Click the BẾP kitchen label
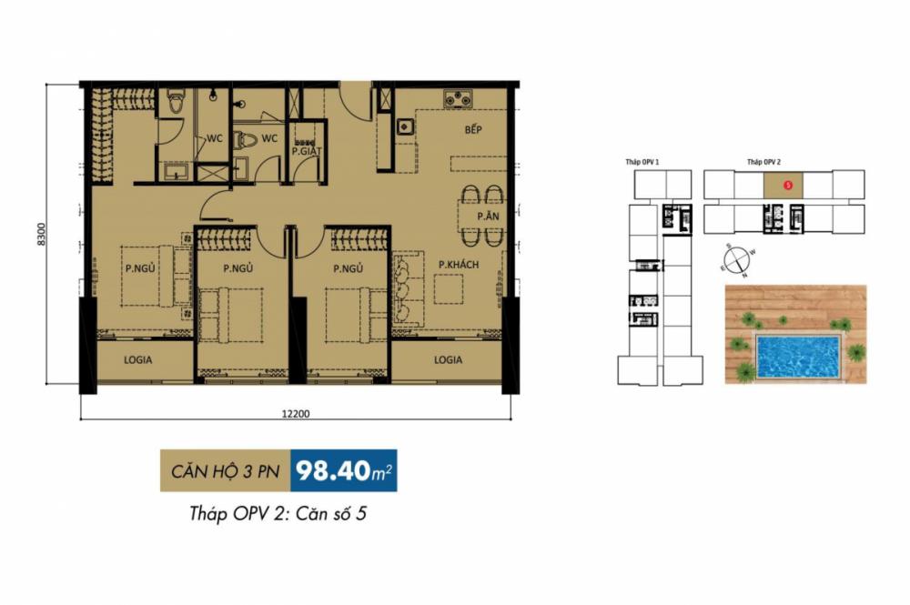coord(472,130)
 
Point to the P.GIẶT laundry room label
coord(305,152)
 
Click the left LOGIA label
coord(138,359)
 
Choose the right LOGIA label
coord(448,359)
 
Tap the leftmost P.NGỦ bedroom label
coord(141,268)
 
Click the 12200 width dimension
coord(296,414)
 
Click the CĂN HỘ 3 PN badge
coord(226,470)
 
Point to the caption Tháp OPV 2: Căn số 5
coord(278,514)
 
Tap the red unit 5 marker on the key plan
coord(788,185)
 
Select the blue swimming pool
coord(798,357)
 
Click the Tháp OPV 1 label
coord(642,162)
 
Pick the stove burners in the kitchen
coord(456,98)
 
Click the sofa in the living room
coord(404,291)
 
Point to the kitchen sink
coord(405,126)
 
